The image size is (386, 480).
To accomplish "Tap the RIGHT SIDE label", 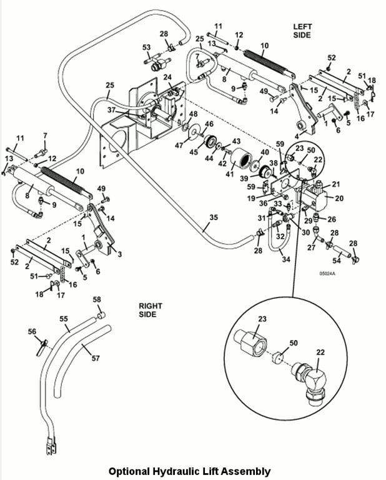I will [x=151, y=310].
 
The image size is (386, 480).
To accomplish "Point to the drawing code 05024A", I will [x=327, y=273].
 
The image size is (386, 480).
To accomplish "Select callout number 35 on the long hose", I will [x=214, y=218].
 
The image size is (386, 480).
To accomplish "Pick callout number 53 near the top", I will [x=147, y=47].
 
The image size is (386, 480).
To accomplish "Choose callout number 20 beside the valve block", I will [x=339, y=199].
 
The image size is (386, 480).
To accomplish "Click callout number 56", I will [x=32, y=332].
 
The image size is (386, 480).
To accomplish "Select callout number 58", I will [x=97, y=300].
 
